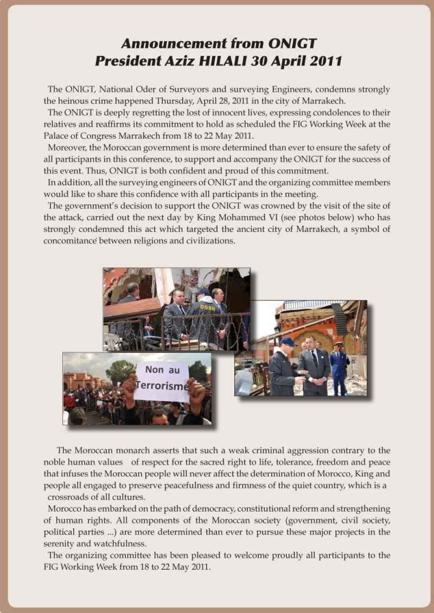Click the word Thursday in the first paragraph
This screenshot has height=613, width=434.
[x=197, y=100]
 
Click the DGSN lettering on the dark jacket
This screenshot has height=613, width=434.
[x=207, y=308]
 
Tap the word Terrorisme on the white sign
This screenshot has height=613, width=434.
[x=162, y=386]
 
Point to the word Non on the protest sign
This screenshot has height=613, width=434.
[x=155, y=370]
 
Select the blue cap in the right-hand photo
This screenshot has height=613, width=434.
[x=288, y=341]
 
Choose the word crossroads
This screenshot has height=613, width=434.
[x=68, y=497]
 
